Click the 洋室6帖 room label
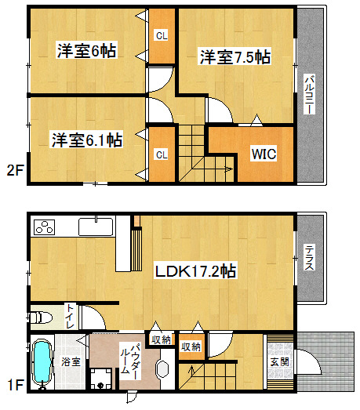tap(86, 50)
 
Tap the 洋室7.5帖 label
tap(235, 56)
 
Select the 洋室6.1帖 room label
tap(86, 140)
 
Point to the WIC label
tap(264, 154)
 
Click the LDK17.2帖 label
tap(196, 271)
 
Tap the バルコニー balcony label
tap(310, 94)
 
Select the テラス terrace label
tap(310, 258)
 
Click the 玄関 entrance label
tap(280, 362)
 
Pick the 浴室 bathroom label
tap(71, 361)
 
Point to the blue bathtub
tap(42, 362)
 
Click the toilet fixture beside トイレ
tap(41, 317)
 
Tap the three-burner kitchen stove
tap(45, 227)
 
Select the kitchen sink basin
tap(96, 227)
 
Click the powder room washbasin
tap(162, 369)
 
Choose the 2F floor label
tap(15, 171)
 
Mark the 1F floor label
tap(16, 385)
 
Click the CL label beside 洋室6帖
tap(162, 35)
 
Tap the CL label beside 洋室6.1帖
tap(162, 154)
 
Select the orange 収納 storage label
tap(191, 347)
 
